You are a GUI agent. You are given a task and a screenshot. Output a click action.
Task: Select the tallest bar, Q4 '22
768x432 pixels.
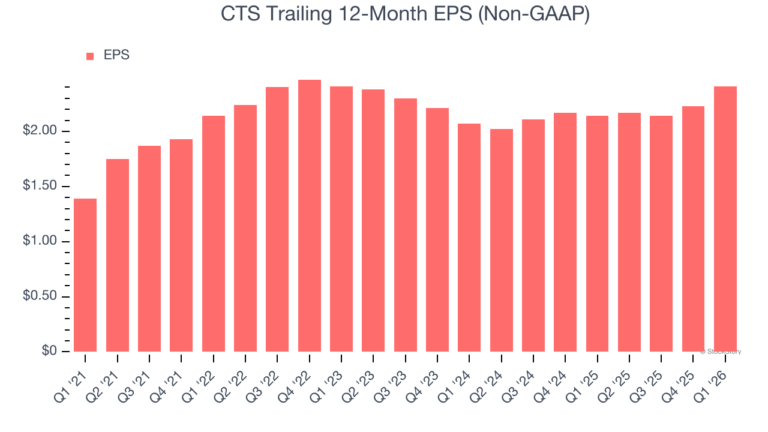click(309, 215)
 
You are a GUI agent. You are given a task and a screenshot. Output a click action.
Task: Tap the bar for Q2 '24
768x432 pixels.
click(501, 240)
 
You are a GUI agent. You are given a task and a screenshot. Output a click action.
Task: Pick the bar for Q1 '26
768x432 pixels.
click(725, 219)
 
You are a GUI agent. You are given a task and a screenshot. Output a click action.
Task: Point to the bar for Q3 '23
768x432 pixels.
click(405, 225)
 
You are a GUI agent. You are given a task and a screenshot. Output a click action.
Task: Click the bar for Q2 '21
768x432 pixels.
click(117, 255)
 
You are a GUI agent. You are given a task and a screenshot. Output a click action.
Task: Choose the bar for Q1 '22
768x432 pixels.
click(213, 233)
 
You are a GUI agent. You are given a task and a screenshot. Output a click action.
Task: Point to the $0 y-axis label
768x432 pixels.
click(49, 352)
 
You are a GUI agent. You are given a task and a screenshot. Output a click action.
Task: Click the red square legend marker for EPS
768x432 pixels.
click(90, 56)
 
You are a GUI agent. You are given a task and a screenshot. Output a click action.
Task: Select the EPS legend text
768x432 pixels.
click(116, 55)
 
